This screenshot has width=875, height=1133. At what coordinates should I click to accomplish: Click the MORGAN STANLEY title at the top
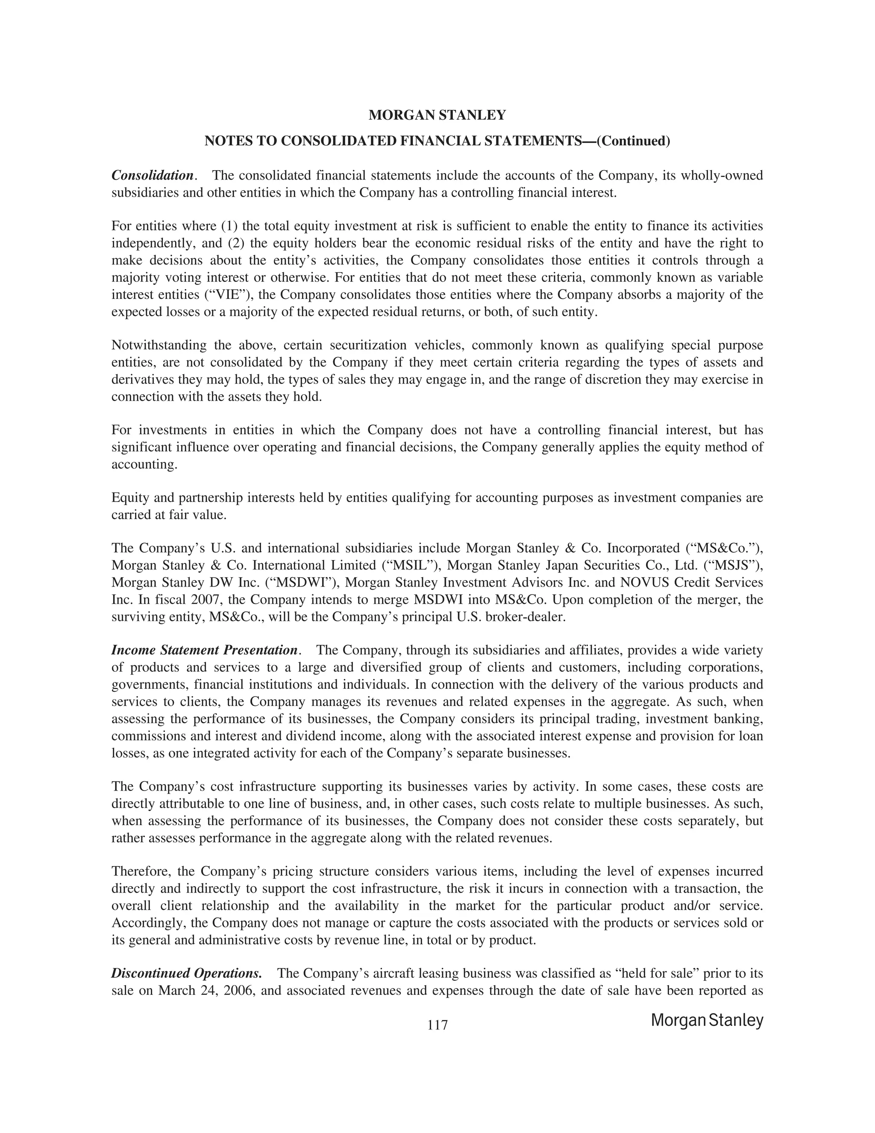pyautogui.click(x=437, y=115)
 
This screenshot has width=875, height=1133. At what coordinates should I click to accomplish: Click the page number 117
pyautogui.click(x=437, y=1025)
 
